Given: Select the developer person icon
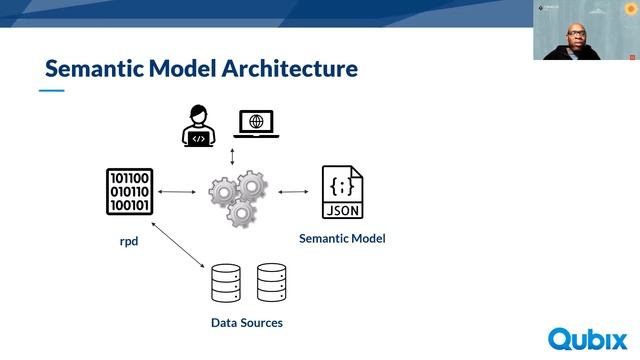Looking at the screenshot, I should pyautogui.click(x=199, y=126).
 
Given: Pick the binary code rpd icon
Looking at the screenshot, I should pyautogui.click(x=129, y=192).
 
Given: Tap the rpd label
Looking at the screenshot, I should pyautogui.click(x=130, y=241).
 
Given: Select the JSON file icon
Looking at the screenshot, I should pyautogui.click(x=342, y=192).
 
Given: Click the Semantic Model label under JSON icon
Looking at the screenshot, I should pyautogui.click(x=342, y=238).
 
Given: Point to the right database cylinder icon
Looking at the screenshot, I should pyautogui.click(x=271, y=283).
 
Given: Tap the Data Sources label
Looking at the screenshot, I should pyautogui.click(x=247, y=323).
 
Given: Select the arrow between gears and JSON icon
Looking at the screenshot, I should pyautogui.click(x=294, y=191).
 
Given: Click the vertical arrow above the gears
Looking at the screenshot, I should pyautogui.click(x=232, y=157).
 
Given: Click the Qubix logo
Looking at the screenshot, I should pyautogui.click(x=587, y=338).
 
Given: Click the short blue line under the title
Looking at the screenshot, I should pyautogui.click(x=51, y=91).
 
